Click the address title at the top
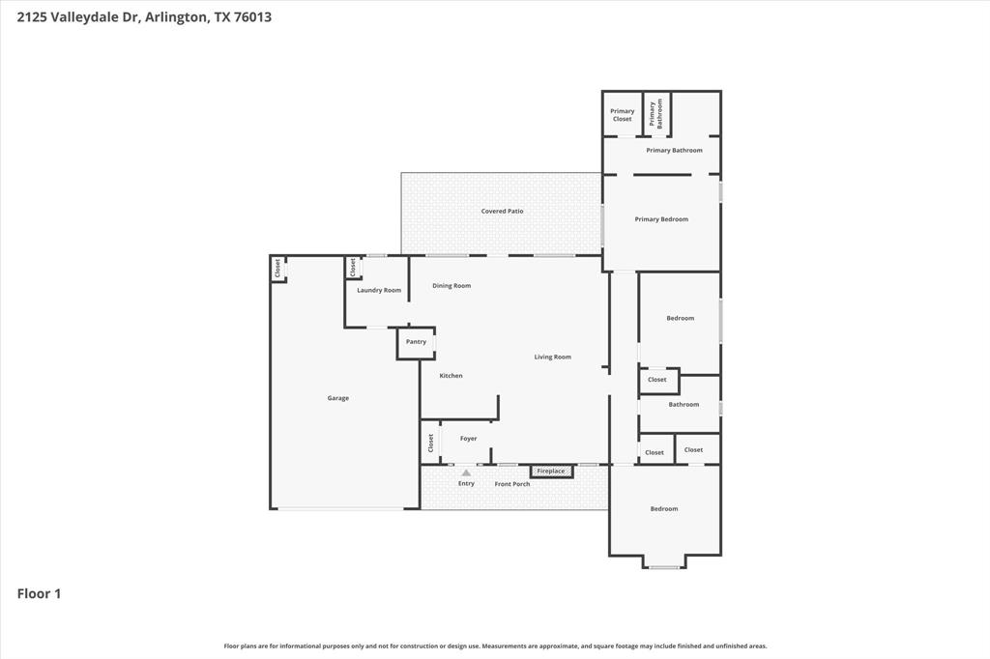coord(136,16)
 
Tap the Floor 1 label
coord(39,593)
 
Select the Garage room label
coord(337,398)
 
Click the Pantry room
coord(416,342)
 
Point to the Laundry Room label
coord(378,290)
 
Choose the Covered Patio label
coord(502,211)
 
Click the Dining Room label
coord(451,286)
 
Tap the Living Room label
coord(552,357)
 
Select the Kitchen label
coord(451,376)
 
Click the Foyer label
coord(468,439)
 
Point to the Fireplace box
coord(551,471)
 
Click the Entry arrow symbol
coord(466,473)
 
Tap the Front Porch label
coord(512,483)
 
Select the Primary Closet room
coord(622,115)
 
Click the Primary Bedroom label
coord(661,219)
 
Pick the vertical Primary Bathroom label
coord(657,114)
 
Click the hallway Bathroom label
coord(684,405)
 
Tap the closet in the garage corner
coord(277,269)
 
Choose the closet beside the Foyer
coord(430,443)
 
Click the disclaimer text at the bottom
coord(495,645)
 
